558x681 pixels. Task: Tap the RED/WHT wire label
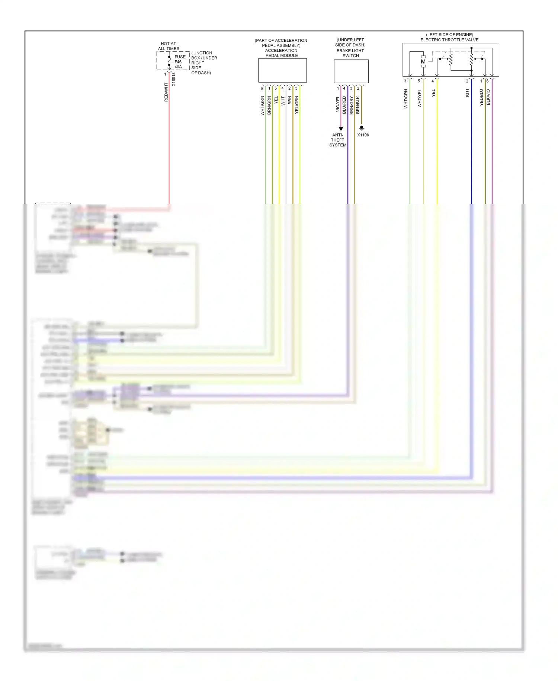166,92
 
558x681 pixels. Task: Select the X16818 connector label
174,79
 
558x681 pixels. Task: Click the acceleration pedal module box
282,70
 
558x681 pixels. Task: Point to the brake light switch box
351,71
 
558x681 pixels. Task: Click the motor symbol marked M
423,62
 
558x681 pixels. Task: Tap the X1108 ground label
363,135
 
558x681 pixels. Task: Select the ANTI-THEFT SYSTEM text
338,140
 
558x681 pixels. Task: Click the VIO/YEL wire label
338,104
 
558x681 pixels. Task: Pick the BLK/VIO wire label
488,97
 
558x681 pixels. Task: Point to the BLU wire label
468,93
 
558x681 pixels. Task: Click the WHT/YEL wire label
420,98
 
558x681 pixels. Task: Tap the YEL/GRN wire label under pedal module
296,105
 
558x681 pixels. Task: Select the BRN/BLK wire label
357,105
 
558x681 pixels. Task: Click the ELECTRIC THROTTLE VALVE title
449,40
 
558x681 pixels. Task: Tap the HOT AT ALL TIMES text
169,46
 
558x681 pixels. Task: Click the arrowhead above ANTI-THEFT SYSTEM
341,129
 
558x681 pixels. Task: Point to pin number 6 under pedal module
262,88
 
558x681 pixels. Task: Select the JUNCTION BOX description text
203,63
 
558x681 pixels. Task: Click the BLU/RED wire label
344,105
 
